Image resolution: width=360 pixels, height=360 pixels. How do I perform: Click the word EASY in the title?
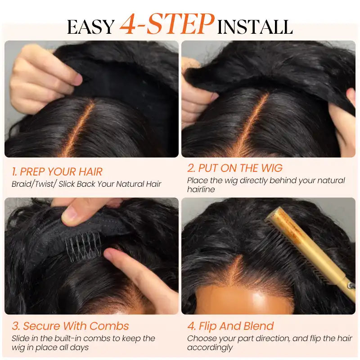(90, 27)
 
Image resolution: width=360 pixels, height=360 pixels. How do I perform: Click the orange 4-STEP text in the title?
(166, 25)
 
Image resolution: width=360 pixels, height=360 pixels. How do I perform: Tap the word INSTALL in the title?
(255, 27)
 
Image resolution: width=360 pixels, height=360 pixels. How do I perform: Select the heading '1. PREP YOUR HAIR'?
(57, 171)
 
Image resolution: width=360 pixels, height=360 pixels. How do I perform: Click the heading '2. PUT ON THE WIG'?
(234, 168)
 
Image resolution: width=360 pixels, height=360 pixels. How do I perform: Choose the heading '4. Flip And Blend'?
(230, 326)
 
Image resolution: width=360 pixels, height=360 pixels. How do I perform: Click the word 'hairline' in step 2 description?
(201, 189)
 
